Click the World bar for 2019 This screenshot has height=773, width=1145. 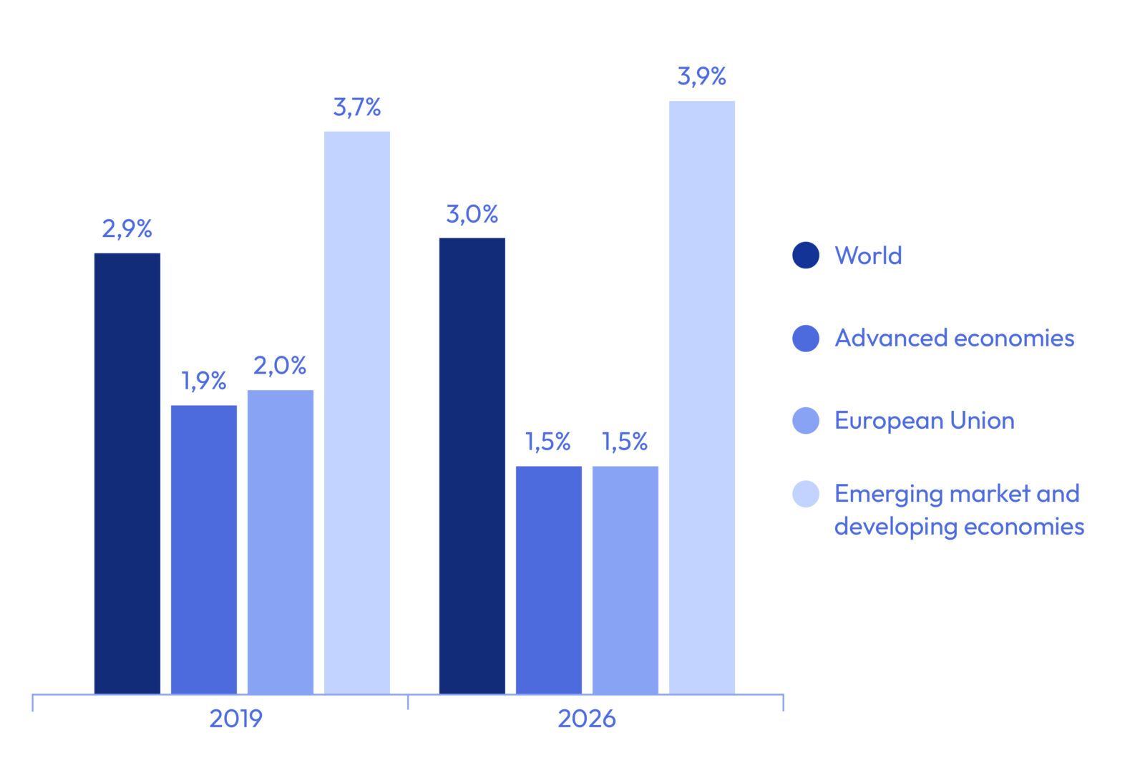(x=127, y=472)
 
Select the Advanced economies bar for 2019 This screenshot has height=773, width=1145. (x=204, y=549)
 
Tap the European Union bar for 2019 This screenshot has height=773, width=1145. (x=281, y=541)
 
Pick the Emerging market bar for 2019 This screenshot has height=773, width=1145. (x=357, y=412)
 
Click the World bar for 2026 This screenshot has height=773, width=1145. (x=472, y=465)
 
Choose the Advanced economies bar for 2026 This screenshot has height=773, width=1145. (x=549, y=580)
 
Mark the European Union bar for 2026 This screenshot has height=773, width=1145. (x=625, y=580)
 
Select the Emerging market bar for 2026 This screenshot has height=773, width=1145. (x=702, y=397)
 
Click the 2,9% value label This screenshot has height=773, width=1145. (x=127, y=229)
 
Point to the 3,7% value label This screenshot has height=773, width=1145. (x=357, y=107)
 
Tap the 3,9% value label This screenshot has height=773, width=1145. (x=702, y=76)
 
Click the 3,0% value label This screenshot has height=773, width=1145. (x=472, y=214)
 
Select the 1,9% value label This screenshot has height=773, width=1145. (x=204, y=381)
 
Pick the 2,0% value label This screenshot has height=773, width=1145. (x=280, y=366)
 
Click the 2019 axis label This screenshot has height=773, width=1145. (x=236, y=719)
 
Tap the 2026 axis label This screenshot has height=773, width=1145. (x=587, y=719)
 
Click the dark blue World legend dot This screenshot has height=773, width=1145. (x=806, y=256)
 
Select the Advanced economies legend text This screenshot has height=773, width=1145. (x=955, y=338)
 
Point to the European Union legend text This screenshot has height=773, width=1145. (x=925, y=420)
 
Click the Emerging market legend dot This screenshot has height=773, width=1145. (x=806, y=494)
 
